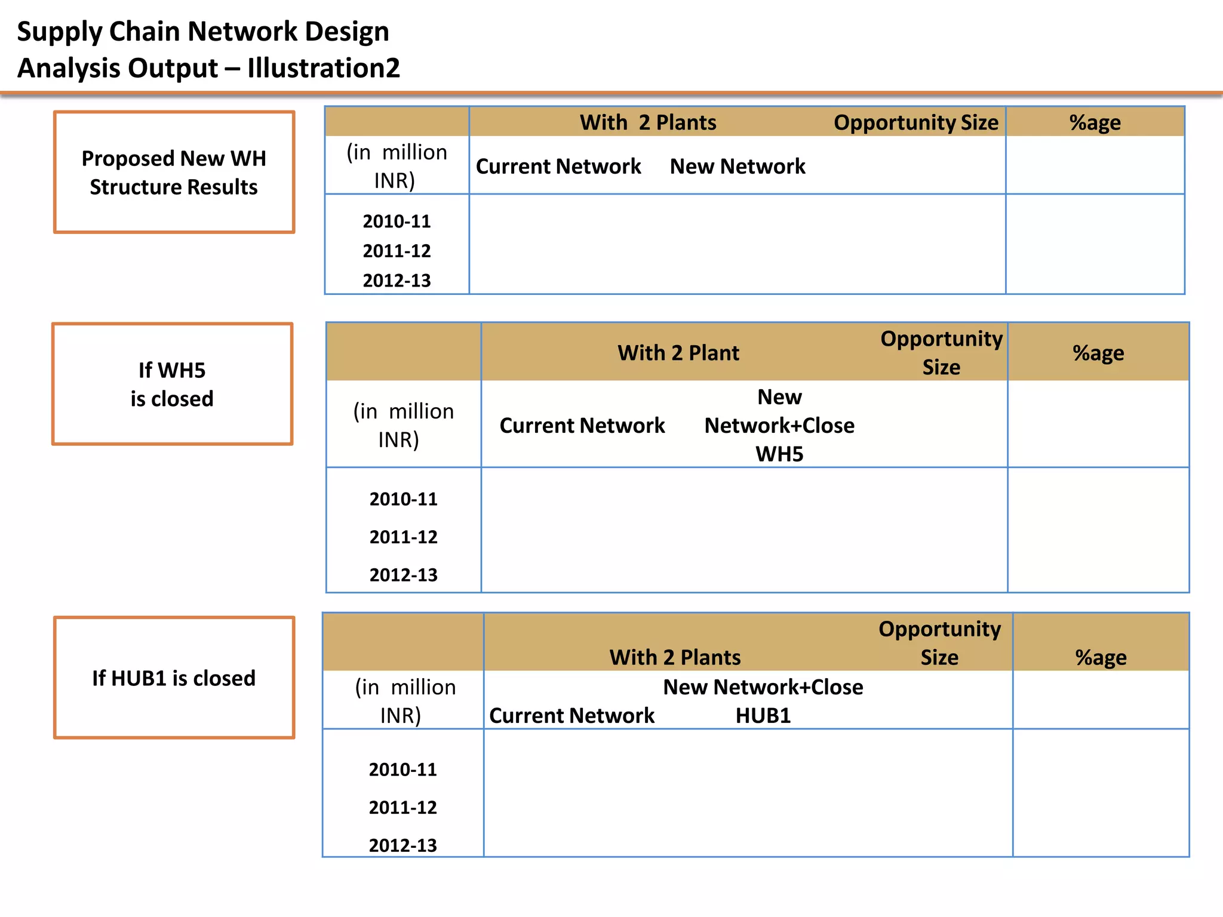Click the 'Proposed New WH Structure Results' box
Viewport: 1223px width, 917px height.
[174, 172]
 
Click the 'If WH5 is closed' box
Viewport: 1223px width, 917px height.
[172, 384]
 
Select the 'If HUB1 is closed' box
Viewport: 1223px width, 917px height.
[174, 678]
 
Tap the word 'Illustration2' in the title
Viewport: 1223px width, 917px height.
[323, 68]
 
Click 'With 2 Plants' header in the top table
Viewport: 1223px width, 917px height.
[648, 122]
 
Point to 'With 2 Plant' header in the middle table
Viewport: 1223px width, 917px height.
[678, 353]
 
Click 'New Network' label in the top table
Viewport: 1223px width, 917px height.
[738, 166]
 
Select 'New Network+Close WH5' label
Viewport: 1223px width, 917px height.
[779, 425]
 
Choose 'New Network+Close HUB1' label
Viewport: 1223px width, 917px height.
[763, 701]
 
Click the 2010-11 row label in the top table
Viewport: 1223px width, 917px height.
[397, 221]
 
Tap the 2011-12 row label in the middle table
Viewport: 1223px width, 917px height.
[403, 537]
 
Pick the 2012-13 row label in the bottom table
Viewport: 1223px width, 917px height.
[402, 845]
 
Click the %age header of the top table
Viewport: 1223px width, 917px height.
[1095, 122]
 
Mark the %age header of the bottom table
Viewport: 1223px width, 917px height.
[1101, 657]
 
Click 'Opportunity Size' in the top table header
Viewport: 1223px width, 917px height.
[915, 122]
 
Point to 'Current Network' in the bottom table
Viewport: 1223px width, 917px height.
[571, 715]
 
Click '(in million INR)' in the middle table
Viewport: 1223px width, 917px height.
[403, 425]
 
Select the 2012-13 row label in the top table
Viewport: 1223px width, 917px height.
[397, 280]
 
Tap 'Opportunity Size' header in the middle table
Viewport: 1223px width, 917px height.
[941, 352]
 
